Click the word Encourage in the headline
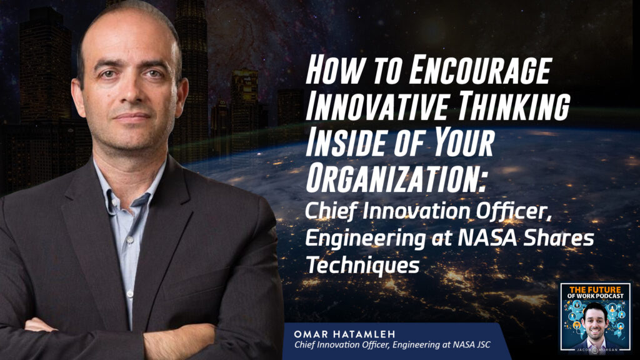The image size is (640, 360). pos(480,70)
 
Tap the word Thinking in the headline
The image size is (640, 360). pos(513,106)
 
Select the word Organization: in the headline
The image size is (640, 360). pos(396,177)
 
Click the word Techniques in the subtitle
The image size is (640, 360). pos(362,265)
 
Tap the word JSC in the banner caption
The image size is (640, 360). pos(483,345)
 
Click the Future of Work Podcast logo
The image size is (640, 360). pos(595,317)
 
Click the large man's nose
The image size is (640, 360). pos(131,94)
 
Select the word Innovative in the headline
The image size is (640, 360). pos(377,106)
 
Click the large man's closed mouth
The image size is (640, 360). pos(131,116)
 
